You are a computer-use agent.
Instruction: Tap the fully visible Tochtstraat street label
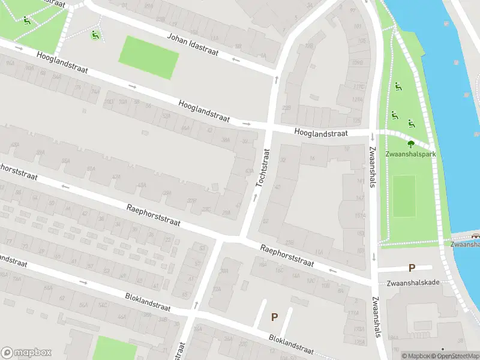click(263, 167)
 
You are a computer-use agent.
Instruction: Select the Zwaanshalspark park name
click(411, 154)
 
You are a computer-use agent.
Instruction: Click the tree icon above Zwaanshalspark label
click(411, 144)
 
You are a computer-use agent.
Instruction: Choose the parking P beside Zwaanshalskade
click(412, 268)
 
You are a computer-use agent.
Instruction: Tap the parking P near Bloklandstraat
click(275, 317)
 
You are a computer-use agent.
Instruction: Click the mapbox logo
click(26, 353)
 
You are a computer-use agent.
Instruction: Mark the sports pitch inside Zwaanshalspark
click(404, 196)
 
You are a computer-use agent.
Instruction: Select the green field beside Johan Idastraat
click(149, 58)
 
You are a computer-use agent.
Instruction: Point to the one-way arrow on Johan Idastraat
click(236, 59)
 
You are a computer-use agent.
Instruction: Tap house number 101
click(358, 27)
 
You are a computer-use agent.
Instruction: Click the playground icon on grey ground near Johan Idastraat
click(95, 35)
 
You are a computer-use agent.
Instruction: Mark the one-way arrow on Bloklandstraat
click(83, 283)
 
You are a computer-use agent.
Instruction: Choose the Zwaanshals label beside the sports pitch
click(372, 167)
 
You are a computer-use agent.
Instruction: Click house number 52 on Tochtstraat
click(265, 221)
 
